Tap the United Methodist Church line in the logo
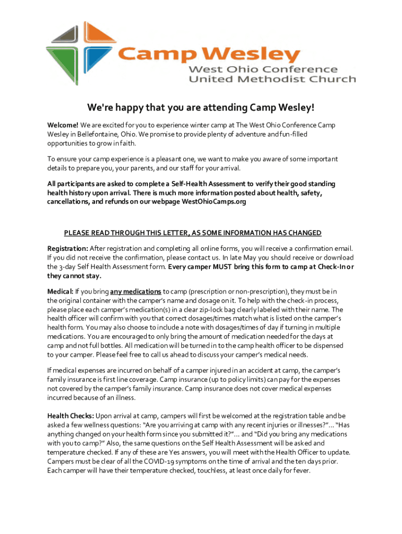tap(272, 79)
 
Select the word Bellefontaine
tap(100, 135)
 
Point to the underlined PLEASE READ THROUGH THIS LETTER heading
tap(192, 233)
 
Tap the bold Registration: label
tap(68, 248)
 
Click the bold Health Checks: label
tap(70, 416)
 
